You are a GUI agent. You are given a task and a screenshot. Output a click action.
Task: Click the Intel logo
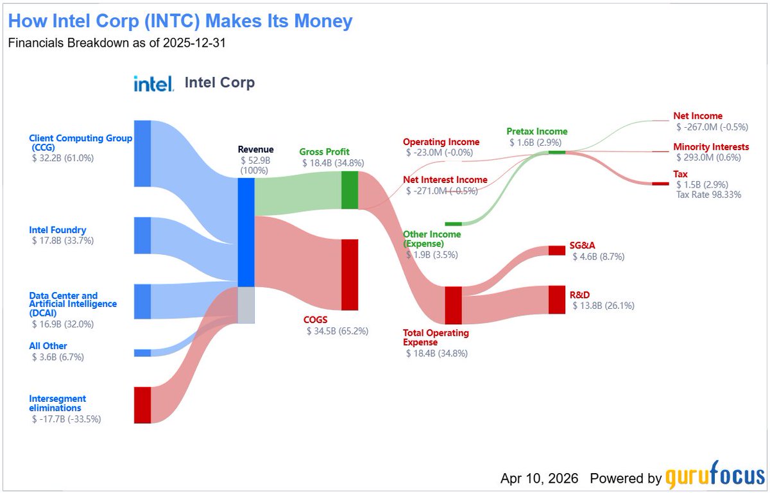point(153,83)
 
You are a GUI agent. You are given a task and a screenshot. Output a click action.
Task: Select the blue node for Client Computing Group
point(142,153)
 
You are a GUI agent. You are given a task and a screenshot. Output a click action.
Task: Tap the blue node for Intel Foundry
point(142,236)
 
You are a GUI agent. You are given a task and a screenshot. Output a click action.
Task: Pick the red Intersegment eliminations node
point(142,405)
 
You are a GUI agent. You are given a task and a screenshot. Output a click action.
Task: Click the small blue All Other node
point(142,352)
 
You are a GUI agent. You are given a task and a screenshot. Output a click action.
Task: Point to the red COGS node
point(350,275)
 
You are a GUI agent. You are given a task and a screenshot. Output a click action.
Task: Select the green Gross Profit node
point(350,190)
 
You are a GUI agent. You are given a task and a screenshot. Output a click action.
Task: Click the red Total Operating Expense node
point(453,305)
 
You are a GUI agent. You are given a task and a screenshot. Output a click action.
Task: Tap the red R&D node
point(557,300)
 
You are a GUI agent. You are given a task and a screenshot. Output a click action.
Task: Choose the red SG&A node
point(557,250)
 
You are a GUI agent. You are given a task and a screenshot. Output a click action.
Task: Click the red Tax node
point(660,184)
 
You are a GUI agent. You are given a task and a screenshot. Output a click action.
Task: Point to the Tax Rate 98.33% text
point(708,195)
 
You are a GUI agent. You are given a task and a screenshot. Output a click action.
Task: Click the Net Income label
point(697,116)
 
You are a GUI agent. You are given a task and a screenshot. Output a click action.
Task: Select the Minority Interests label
point(711,147)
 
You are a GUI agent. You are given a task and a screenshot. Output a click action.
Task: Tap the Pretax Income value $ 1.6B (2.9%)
point(538,142)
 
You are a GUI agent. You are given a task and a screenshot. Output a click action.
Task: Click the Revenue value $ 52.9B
point(255,160)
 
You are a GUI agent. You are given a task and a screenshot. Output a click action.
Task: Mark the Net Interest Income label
point(445,180)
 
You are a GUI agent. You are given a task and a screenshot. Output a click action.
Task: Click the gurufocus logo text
point(714,478)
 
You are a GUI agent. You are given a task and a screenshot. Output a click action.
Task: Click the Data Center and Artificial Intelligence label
point(73,304)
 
